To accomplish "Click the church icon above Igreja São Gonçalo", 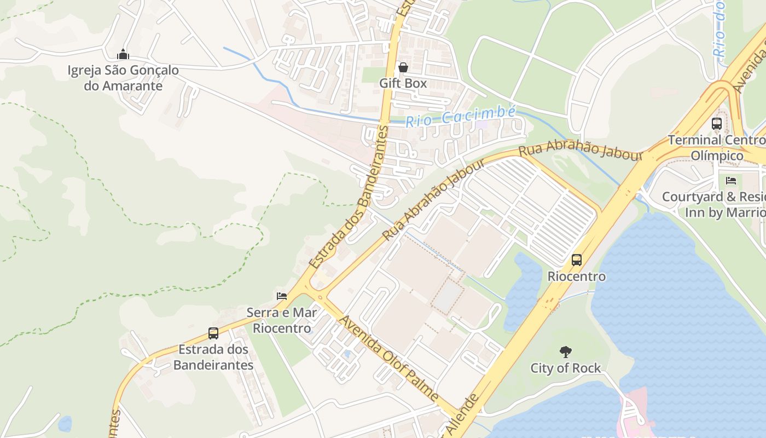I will (x=123, y=54).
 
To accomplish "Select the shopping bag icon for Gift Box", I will (x=403, y=67).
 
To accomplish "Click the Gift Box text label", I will (x=403, y=83).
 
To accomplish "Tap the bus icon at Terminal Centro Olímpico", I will (x=717, y=124).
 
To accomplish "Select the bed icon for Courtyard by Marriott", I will (x=731, y=181).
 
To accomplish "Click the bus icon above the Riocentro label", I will (x=577, y=260).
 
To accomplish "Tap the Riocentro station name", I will (x=577, y=276).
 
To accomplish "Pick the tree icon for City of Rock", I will (x=565, y=351).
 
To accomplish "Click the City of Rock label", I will (x=565, y=368).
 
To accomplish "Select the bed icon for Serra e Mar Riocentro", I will (x=282, y=296).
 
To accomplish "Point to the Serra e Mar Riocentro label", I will (x=282, y=320).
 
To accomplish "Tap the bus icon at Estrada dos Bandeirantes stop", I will (x=213, y=333).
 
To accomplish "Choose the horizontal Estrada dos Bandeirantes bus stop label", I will (x=213, y=357).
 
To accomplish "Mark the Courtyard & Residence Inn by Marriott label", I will (x=714, y=204).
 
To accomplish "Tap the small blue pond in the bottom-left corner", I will (x=65, y=423).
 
